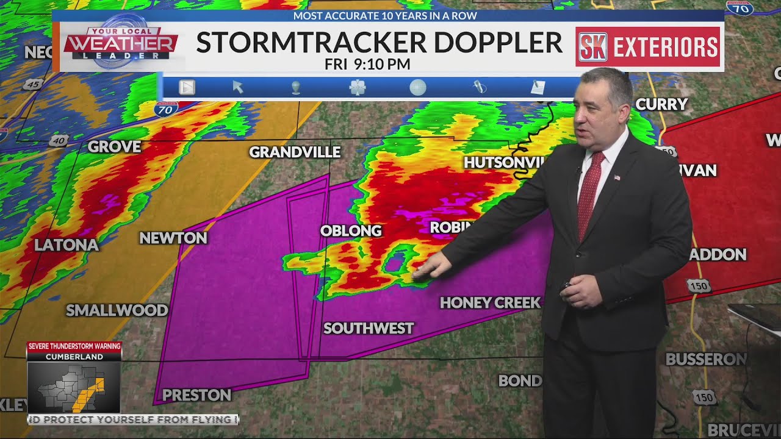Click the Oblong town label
(x=351, y=230)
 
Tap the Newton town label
(x=173, y=238)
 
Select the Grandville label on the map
(x=295, y=152)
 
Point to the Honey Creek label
(x=490, y=302)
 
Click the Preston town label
(x=196, y=395)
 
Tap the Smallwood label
(x=117, y=310)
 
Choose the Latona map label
(x=66, y=245)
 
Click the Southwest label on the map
(x=369, y=328)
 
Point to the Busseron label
(x=705, y=359)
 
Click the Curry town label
(x=661, y=104)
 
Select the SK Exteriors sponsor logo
(x=647, y=47)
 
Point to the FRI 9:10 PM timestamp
(x=367, y=64)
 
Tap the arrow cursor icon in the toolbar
(x=238, y=87)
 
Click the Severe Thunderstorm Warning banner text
(x=74, y=346)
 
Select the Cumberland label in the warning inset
(x=74, y=357)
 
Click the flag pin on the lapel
(x=617, y=177)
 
